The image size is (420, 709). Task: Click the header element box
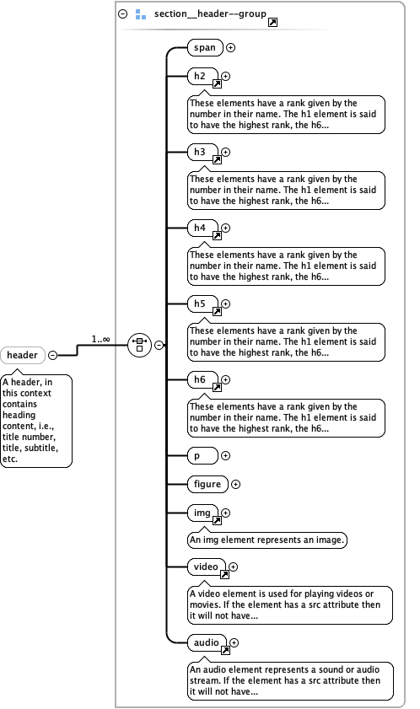[x=24, y=355]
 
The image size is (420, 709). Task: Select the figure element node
[x=207, y=484]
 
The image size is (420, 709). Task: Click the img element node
[x=202, y=512]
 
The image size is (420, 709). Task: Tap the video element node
[x=206, y=567]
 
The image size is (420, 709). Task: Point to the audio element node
[x=206, y=642]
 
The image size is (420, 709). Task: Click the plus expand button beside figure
[x=236, y=484]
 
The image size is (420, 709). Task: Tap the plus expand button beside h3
[x=226, y=153]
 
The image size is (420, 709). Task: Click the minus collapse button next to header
[x=52, y=355]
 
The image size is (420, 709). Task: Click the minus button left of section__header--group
[x=123, y=14]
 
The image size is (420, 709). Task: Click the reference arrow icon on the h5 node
[x=217, y=311]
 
